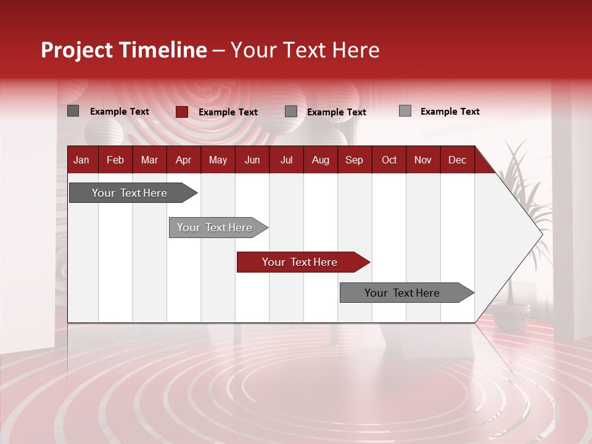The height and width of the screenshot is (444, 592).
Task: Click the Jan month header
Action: point(81,160)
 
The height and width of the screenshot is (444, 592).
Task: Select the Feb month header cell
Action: point(115,160)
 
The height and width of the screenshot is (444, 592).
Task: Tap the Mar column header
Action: point(149,160)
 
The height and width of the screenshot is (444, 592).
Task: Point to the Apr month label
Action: point(183,160)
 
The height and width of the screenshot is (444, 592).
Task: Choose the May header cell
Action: point(218,160)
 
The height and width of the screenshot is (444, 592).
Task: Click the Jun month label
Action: point(252,160)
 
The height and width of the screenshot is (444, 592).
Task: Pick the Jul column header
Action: point(286,160)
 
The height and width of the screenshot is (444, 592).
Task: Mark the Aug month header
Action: point(321,160)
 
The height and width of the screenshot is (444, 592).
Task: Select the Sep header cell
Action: point(354,160)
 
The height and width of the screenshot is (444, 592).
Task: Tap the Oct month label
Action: point(389,160)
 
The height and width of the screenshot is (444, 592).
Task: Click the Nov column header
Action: point(423,160)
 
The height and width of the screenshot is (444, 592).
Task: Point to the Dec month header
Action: point(457,160)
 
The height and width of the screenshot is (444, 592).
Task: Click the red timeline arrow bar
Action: point(300,262)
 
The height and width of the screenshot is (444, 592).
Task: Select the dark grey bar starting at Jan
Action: point(130,193)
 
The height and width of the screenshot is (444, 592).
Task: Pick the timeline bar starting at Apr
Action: point(215,228)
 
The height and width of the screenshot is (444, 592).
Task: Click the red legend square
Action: point(182,112)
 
